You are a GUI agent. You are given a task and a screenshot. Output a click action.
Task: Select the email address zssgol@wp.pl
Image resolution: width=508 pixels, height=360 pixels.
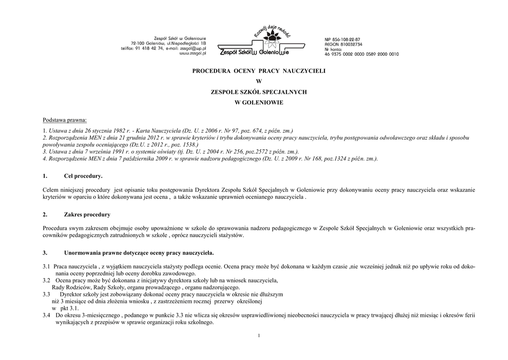194,48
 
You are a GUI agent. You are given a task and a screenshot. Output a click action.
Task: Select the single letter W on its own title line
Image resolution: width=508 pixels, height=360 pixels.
258,81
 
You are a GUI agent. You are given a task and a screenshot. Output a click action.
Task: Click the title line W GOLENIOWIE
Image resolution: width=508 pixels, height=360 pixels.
258,102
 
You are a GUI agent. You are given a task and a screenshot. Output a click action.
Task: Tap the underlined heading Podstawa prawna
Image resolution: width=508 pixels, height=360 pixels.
64,120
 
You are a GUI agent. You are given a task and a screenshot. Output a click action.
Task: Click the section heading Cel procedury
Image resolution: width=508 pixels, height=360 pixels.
83,176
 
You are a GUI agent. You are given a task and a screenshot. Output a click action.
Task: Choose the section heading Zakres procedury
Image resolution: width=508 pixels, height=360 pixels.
87,215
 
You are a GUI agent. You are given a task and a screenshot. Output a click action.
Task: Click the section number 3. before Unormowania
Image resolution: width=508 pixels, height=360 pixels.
45,252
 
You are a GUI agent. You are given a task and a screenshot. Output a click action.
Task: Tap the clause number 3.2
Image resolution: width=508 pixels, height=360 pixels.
47,281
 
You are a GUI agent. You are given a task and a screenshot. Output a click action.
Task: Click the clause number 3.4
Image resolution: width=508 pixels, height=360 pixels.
47,315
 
